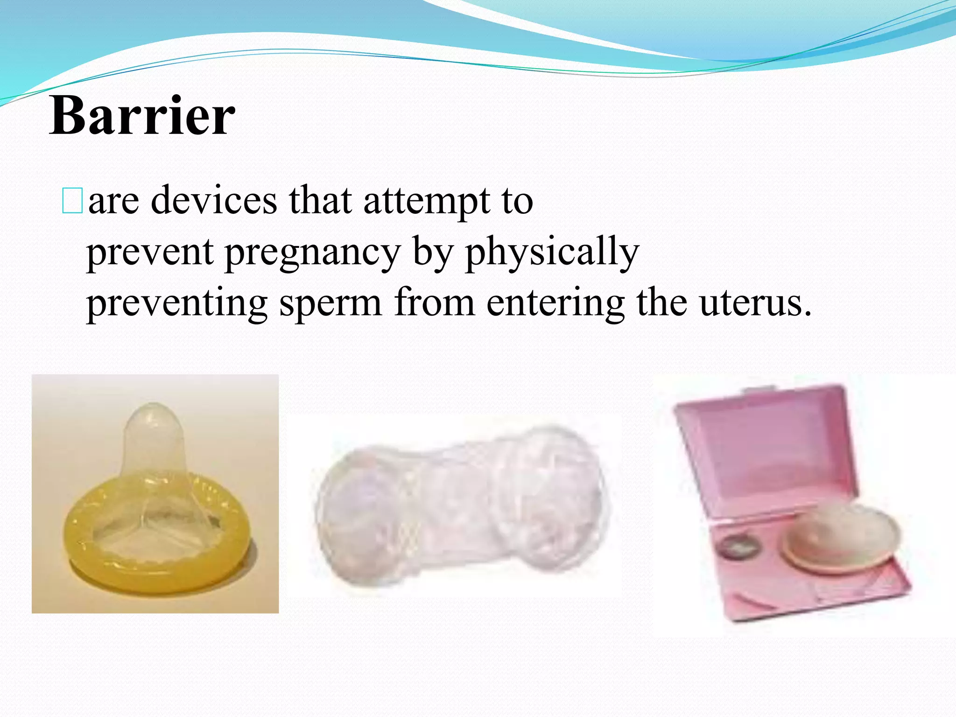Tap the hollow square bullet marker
tap(72, 201)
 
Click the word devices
tap(214, 201)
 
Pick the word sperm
tap(330, 303)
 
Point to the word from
tap(434, 303)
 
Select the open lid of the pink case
tap(766, 448)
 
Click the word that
tap(320, 201)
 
